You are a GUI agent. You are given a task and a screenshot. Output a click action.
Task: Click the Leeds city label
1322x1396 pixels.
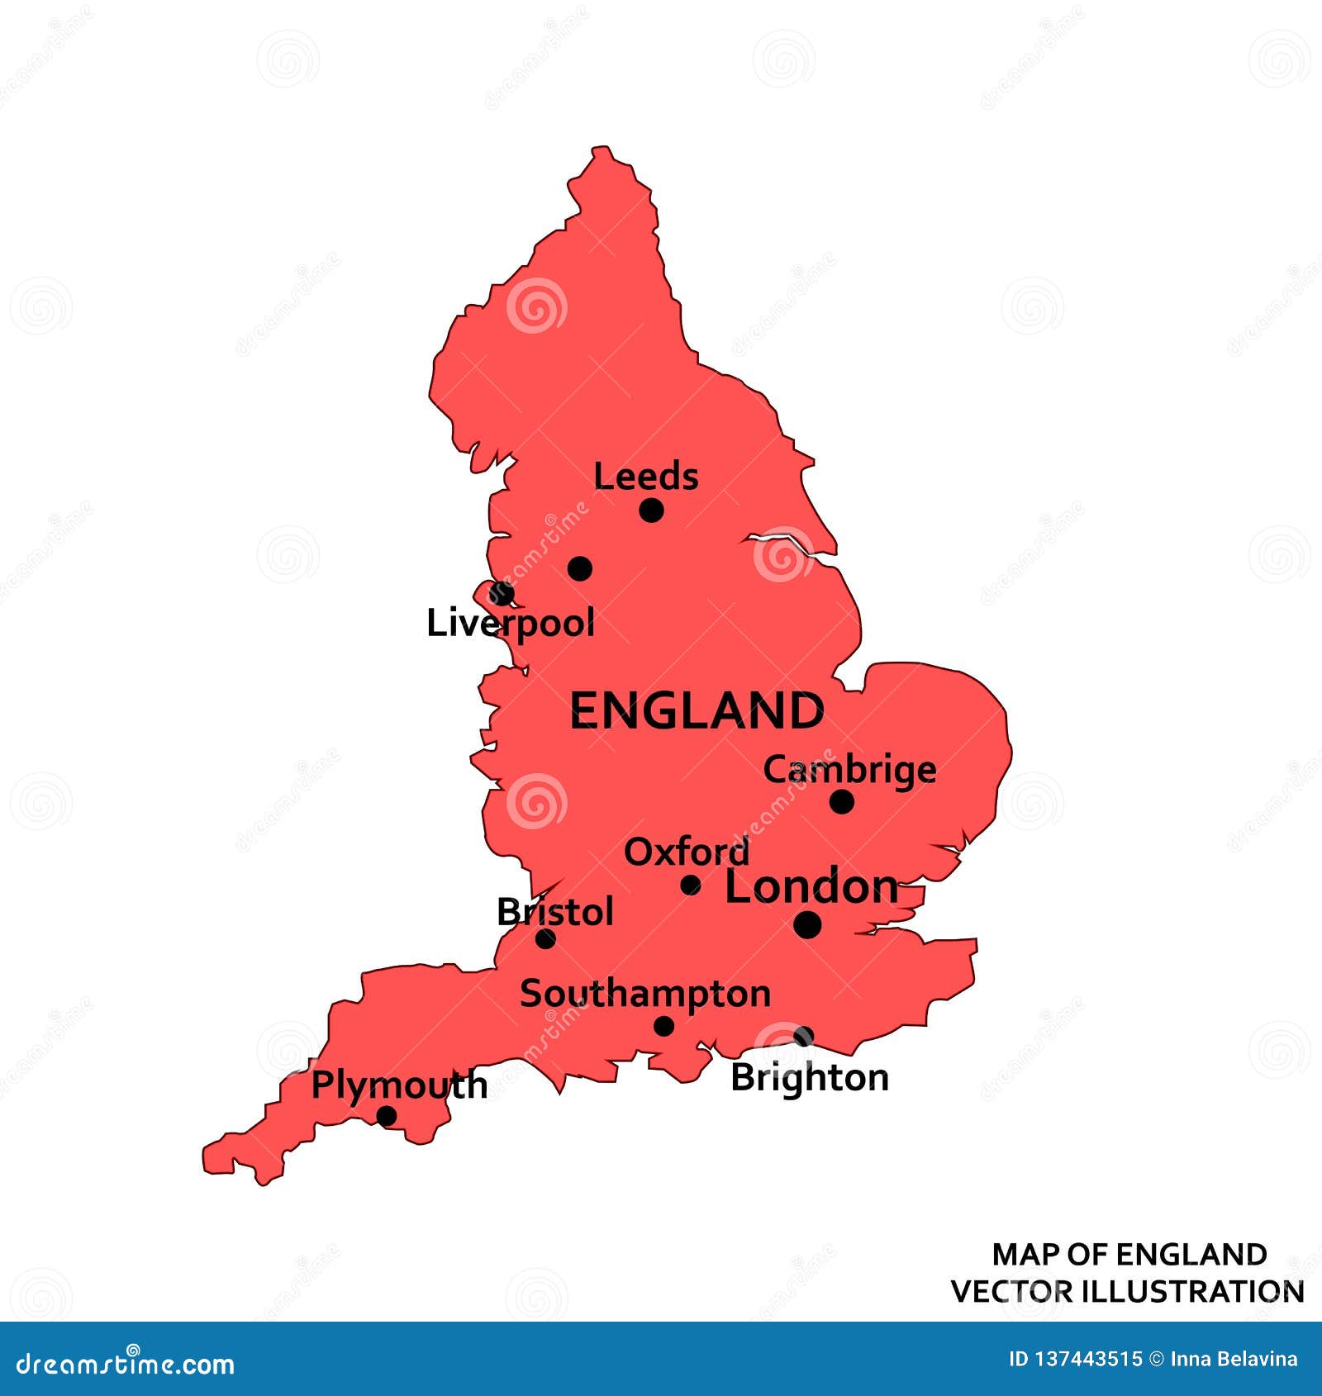coord(645,477)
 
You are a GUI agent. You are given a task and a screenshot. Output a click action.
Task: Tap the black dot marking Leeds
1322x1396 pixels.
coord(651,510)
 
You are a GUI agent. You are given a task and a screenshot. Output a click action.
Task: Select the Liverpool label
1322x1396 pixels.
coord(510,623)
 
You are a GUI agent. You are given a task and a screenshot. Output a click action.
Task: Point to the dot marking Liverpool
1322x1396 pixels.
coord(502,593)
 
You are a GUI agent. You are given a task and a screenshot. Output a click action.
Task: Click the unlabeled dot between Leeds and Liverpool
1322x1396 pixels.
coord(579,568)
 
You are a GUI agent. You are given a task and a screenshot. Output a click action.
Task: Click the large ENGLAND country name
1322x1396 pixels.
coord(697,710)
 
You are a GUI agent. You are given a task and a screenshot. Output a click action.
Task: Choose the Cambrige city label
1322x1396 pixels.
coord(849,770)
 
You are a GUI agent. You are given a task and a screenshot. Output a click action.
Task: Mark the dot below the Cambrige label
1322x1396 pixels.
coord(841,801)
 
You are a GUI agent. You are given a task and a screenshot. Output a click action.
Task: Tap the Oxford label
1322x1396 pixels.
coord(687,852)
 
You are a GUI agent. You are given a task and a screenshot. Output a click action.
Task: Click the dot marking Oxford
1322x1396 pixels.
coord(690,886)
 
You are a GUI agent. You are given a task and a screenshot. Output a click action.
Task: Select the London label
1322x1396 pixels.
coord(811,886)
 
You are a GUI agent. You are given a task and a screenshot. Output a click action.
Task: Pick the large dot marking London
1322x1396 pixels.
coord(807,924)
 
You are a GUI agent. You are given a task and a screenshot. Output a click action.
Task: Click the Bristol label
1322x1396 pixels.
coord(554,912)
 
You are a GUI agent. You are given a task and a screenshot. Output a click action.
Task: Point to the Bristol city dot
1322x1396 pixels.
coord(545,938)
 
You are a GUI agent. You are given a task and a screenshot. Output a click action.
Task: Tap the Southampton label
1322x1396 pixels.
coord(644,994)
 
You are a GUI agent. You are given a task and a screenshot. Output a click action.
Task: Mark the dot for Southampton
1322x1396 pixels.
coord(663,1026)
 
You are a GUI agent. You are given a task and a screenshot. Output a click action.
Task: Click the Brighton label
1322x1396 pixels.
coord(809,1078)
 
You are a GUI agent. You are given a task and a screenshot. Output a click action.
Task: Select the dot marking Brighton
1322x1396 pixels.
coord(803,1036)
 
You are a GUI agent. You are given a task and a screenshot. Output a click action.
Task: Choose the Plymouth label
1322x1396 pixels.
coord(399,1085)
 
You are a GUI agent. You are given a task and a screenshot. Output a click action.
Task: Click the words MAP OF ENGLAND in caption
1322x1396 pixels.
coord(1129,1255)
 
